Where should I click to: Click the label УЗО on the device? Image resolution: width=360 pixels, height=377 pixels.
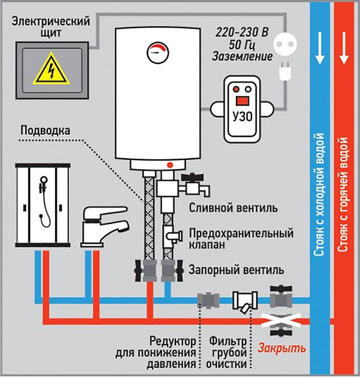tap(242, 114)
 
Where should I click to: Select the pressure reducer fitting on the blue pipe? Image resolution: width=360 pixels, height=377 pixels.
tap(208, 300)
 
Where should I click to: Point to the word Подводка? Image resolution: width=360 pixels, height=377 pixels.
tap(45, 130)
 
